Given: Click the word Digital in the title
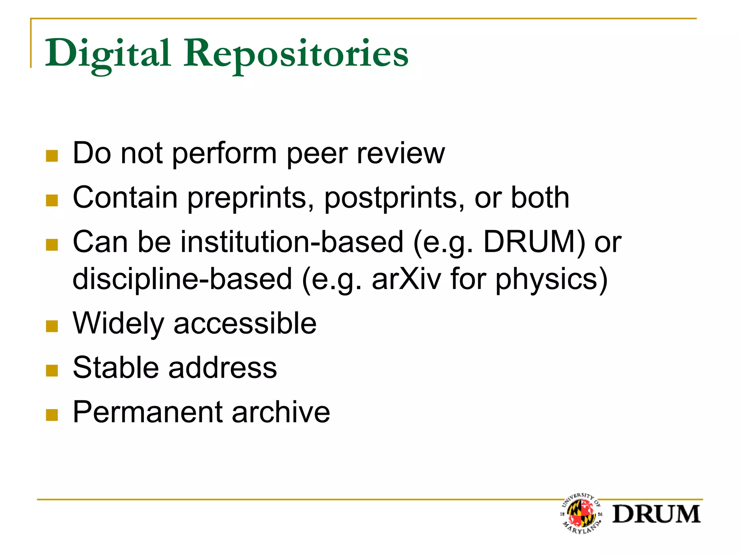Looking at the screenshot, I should point(108,54).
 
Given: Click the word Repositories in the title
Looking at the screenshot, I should point(296,54).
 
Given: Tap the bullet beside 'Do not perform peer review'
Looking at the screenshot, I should point(52,156).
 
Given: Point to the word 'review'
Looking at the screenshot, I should point(401,154).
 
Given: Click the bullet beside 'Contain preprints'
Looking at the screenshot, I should point(52,200).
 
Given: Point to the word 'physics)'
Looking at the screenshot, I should point(551,280).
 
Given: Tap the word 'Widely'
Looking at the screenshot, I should point(119,323).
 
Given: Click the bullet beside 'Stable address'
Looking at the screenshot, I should point(52,370).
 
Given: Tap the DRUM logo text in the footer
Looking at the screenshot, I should point(656,514).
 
